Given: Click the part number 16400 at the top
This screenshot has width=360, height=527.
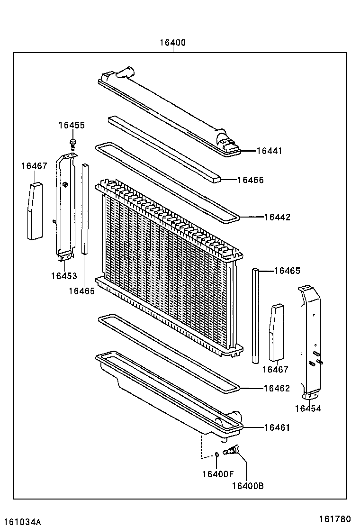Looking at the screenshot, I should pos(172,43).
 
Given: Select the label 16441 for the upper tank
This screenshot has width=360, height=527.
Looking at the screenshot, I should pos(269,151).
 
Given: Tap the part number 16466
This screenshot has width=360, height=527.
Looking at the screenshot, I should pos(251,180).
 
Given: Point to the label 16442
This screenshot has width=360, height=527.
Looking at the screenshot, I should pos(277,217).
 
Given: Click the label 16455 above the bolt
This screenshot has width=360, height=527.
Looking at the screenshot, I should pos(72,125).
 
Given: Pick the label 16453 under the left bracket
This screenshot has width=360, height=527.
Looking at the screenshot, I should pos(64,276).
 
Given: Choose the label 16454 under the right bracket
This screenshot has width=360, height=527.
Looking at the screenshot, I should pos(308,408).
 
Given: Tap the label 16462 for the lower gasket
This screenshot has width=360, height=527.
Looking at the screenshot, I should pos(277,388).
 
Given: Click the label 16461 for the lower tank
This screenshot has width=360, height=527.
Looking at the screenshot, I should pos(277,427).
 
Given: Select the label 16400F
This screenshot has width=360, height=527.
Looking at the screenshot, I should pos(218,474).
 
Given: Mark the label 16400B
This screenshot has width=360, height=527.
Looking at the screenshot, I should pos(248,485).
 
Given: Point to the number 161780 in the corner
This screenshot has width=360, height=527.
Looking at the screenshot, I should pos(334,519).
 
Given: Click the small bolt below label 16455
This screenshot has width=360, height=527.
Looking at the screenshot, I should pos(72,143).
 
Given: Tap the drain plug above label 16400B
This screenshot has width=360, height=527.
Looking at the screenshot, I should pos(232,451).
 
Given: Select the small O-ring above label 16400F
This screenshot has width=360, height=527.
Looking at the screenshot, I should pos(217,455).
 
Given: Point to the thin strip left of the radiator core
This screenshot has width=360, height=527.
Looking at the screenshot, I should pos(85,209).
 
